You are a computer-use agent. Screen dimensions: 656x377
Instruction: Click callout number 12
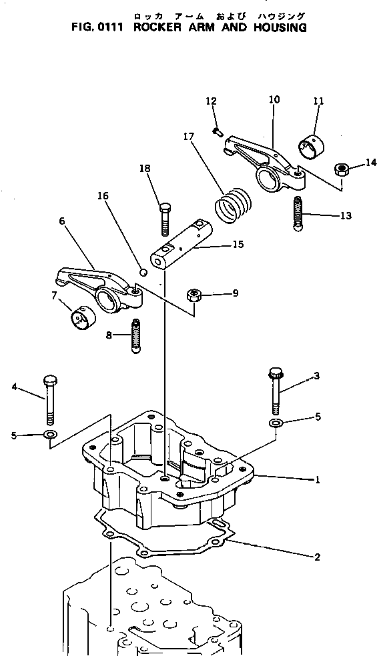[211, 101]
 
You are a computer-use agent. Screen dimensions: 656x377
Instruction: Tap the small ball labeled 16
[141, 271]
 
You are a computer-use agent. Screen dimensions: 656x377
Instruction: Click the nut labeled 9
[195, 294]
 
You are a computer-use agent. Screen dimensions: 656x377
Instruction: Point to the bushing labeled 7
[82, 318]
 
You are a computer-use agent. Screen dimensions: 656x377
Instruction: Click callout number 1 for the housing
[318, 479]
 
